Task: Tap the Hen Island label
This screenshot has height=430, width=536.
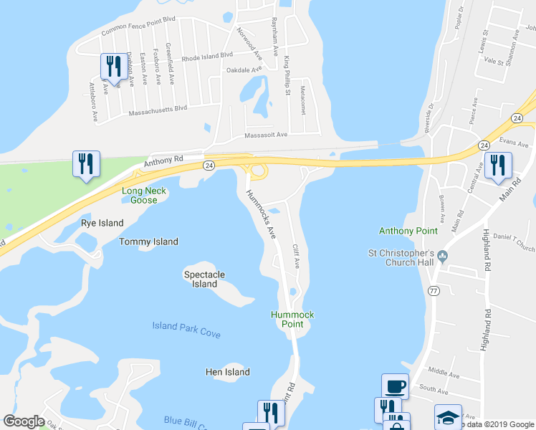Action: pyautogui.click(x=228, y=372)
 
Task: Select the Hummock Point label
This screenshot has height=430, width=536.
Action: pyautogui.click(x=292, y=320)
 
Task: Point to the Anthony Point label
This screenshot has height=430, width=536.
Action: pyautogui.click(x=407, y=230)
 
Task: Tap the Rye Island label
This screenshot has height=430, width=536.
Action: pyautogui.click(x=98, y=222)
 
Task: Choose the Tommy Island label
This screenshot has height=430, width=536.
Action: pyautogui.click(x=149, y=242)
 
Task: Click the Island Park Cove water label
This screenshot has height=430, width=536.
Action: pyautogui.click(x=186, y=330)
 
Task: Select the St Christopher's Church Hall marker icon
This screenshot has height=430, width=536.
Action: pyautogui.click(x=442, y=256)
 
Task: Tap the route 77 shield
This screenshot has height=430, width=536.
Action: pyautogui.click(x=434, y=291)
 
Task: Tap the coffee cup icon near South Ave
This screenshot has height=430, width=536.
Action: pyautogui.click(x=395, y=386)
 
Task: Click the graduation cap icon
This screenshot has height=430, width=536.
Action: pyautogui.click(x=448, y=416)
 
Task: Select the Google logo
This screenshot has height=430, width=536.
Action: pyautogui.click(x=24, y=421)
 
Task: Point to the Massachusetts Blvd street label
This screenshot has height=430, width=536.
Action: pyautogui.click(x=158, y=111)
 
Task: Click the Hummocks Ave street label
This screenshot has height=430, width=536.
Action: pyautogui.click(x=262, y=213)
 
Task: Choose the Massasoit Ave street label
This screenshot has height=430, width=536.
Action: pyautogui.click(x=266, y=135)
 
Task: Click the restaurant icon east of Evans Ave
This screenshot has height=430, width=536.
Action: pyautogui.click(x=498, y=166)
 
